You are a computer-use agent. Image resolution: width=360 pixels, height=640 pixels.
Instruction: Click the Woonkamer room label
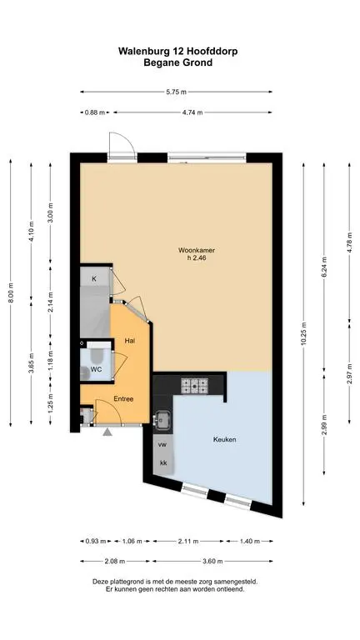[x=196, y=251]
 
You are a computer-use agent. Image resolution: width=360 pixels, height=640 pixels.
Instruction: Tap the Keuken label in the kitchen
[x=224, y=440]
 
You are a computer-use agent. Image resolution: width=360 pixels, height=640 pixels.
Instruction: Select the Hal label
[x=131, y=340]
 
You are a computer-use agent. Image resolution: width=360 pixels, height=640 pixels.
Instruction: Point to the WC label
[x=96, y=369]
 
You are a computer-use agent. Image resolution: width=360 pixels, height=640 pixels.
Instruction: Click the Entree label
[x=123, y=399]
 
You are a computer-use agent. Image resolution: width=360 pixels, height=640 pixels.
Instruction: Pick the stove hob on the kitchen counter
[x=195, y=384]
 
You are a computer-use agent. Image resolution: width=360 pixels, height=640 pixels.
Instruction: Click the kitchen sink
[x=162, y=420]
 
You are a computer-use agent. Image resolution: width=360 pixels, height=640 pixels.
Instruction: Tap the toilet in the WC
[x=97, y=354]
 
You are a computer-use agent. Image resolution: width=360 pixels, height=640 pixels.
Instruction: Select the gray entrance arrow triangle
[x=107, y=432]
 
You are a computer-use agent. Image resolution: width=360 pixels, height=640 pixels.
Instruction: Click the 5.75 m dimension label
[x=177, y=92]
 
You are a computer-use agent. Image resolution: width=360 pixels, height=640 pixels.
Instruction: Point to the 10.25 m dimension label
[x=303, y=334]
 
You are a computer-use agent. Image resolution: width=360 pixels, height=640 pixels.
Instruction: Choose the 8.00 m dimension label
[x=11, y=293]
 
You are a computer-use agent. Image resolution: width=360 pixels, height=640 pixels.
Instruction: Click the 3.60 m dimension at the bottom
[x=212, y=561]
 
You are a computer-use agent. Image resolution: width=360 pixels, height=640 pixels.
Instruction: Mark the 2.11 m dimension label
[x=187, y=541]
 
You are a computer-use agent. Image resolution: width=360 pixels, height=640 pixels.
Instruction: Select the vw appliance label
[x=163, y=443]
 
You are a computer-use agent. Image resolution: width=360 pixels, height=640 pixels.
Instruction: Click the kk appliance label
[x=163, y=462]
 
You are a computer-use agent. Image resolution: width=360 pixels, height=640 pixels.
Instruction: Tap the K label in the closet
[x=94, y=279]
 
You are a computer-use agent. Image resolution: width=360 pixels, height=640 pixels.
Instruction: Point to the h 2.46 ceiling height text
[x=196, y=258]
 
